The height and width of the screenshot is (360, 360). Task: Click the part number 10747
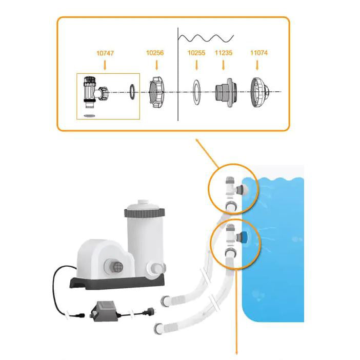pyautogui.click(x=105, y=52)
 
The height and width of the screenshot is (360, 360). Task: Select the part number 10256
pyautogui.click(x=155, y=52)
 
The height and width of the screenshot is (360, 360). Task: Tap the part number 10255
pyautogui.click(x=196, y=52)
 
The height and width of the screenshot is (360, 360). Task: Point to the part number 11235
pyautogui.click(x=224, y=52)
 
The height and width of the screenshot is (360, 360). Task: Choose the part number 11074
pyautogui.click(x=258, y=52)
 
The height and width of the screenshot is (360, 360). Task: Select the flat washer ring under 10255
pyautogui.click(x=196, y=92)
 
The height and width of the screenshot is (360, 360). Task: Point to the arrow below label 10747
pyautogui.click(x=105, y=65)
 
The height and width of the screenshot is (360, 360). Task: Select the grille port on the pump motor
pyautogui.click(x=115, y=268)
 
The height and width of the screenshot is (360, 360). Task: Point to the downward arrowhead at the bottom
pyautogui.click(x=236, y=351)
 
